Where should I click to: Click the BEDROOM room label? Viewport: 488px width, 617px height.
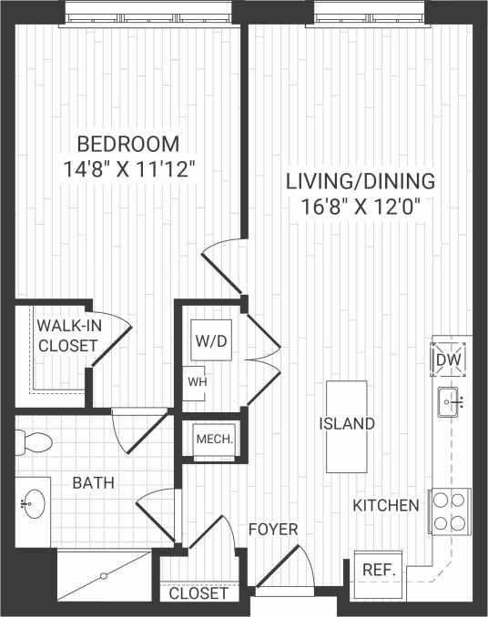[127, 144]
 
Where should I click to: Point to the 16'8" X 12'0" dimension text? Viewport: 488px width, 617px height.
[361, 206]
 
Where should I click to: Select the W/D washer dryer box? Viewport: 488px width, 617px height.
[207, 341]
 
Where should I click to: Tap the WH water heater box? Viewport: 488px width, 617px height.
[198, 381]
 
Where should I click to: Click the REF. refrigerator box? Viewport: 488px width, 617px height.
[377, 570]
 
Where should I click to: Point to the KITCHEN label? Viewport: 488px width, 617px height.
[387, 505]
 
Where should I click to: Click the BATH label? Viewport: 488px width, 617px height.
[94, 482]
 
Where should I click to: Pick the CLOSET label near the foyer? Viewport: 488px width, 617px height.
[198, 593]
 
